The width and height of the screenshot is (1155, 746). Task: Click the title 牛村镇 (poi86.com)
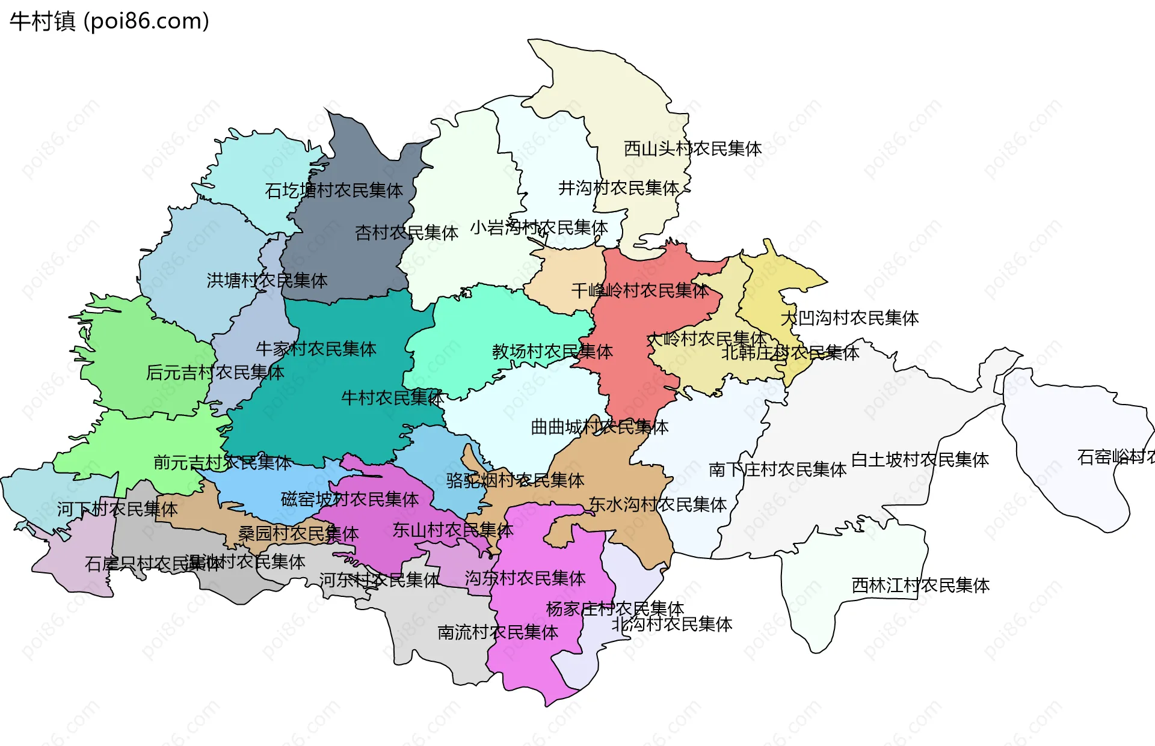coord(109,21)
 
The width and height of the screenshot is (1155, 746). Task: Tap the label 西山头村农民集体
coord(692,148)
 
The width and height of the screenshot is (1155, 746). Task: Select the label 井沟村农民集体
coord(618,188)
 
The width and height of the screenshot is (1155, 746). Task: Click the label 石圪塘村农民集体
coord(334,191)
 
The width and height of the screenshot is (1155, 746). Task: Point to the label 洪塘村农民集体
coord(267,280)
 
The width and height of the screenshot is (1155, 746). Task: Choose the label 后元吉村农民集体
coord(215,373)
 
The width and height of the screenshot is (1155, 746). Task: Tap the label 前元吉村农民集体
coord(223,462)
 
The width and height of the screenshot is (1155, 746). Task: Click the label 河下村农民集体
coord(117,509)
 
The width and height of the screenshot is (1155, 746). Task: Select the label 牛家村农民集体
coord(316,349)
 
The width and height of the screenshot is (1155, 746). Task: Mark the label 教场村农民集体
coord(552,351)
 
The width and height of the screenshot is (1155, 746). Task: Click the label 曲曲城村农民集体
coord(599,427)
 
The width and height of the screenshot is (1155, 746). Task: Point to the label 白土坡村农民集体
coord(920,460)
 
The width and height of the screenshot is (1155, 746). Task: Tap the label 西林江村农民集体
coord(920,585)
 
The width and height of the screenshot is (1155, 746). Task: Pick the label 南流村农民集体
coord(497,632)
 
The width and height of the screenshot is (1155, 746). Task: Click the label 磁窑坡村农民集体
coord(350,499)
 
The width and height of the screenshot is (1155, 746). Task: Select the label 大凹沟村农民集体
coord(849,318)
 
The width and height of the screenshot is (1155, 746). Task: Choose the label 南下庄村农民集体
coord(777,469)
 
